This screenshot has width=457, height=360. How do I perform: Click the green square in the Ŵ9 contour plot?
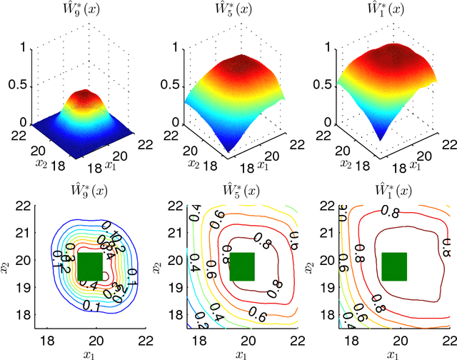click(90, 266)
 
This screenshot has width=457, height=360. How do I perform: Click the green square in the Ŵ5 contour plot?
click(243, 266)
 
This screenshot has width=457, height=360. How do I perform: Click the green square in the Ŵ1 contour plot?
click(394, 266)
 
